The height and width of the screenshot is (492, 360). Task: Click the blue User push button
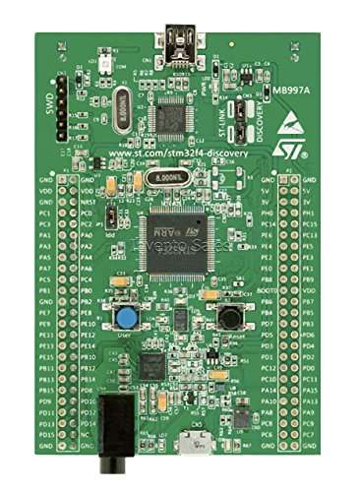(127, 317)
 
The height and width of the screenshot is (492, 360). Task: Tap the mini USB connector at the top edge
(178, 41)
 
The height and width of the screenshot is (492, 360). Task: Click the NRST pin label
(87, 202)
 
